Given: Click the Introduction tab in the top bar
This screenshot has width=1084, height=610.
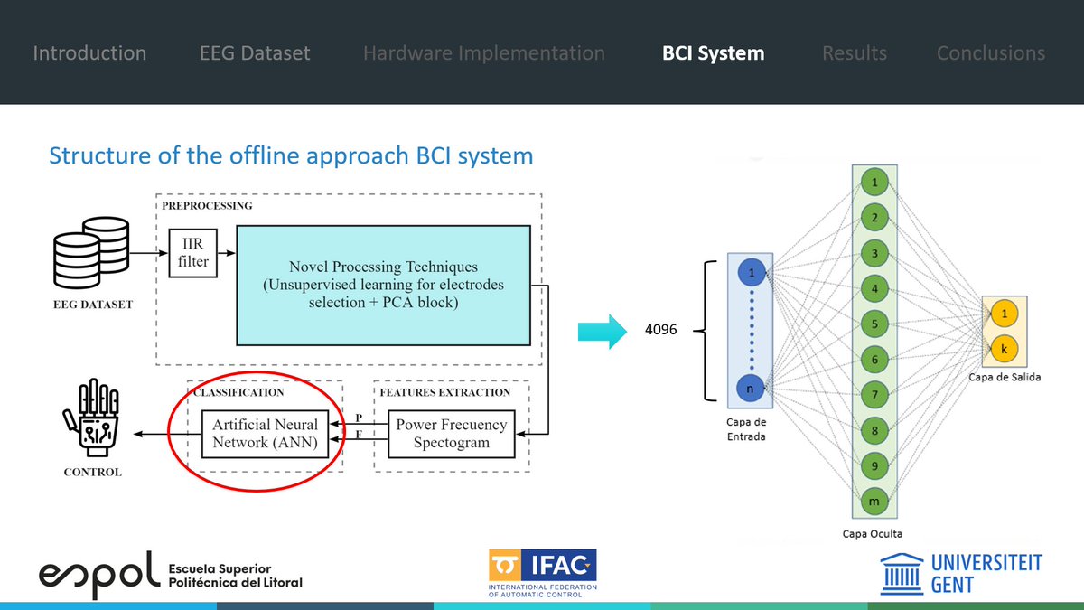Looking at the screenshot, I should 89,53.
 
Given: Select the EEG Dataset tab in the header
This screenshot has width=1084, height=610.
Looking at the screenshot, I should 255,53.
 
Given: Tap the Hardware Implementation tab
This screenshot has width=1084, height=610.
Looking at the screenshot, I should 483,53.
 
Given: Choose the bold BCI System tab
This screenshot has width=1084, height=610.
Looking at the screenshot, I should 713,53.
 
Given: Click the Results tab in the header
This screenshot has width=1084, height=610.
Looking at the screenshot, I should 854,53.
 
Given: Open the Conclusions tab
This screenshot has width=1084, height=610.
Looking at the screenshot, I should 990,53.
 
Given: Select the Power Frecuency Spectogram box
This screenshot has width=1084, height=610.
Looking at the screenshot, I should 452,434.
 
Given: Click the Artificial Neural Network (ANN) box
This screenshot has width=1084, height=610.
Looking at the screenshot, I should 266,434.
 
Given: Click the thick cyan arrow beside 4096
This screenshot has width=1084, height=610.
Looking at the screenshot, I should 601,331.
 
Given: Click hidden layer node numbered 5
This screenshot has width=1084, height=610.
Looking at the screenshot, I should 874,323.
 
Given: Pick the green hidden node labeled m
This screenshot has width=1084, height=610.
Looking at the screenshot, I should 874,500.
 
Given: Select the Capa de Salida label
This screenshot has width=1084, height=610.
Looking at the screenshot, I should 1003,377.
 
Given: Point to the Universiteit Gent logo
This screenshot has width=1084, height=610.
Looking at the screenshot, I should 961,574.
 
